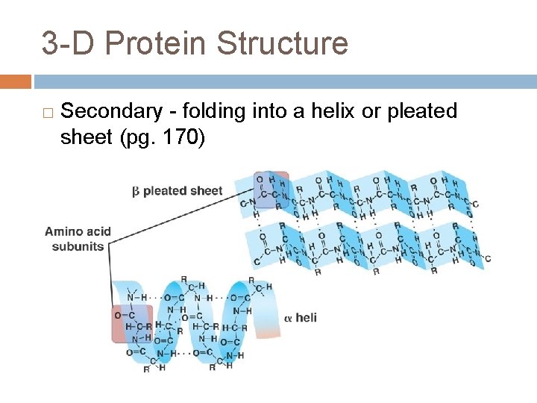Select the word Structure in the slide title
[x=282, y=43]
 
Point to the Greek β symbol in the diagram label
[x=136, y=191]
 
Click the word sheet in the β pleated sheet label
[x=204, y=191]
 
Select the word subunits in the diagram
[x=78, y=246]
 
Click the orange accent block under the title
[x=16, y=81]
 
